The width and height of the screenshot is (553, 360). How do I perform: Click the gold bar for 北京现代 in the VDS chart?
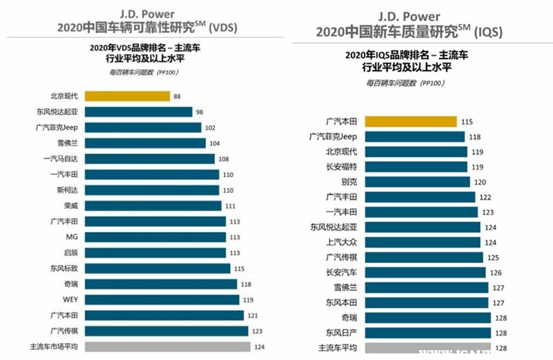pyautogui.click(x=127, y=96)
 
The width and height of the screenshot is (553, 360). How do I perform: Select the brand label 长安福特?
pyautogui.click(x=341, y=167)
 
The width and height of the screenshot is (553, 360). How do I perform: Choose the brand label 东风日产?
pyautogui.click(x=341, y=333)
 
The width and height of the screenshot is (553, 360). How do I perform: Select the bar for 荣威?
pyautogui.click(x=152, y=205)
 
